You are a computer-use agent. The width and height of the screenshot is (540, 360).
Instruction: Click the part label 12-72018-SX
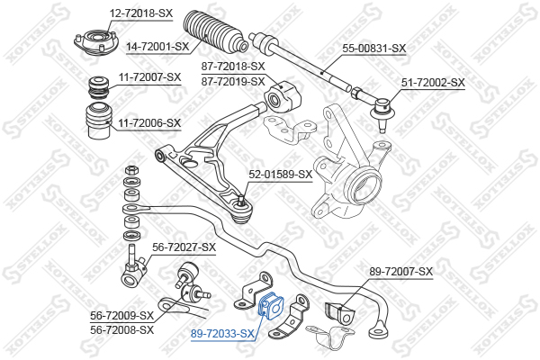[x=141, y=13]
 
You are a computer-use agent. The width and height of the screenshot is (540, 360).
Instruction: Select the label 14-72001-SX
[x=157, y=46]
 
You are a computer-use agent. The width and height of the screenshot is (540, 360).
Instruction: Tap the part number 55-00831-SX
[x=374, y=49]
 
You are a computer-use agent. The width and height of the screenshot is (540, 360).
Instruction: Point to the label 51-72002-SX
[x=433, y=83]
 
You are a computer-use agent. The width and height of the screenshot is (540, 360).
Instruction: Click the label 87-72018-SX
[x=233, y=66]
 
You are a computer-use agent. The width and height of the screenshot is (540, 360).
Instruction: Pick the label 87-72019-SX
[x=233, y=82]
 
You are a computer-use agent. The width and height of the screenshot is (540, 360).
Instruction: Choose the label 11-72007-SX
[x=149, y=76]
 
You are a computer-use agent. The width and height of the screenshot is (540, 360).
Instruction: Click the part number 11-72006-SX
[x=149, y=122]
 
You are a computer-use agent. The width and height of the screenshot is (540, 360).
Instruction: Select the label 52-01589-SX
[x=280, y=175]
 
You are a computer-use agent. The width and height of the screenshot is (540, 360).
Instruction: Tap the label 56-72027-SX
[x=184, y=247]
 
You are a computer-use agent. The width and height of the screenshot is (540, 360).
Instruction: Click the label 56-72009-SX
[x=121, y=315]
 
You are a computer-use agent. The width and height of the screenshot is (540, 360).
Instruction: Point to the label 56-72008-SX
[x=121, y=330]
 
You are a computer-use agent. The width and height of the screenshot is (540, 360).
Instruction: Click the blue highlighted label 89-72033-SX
[x=223, y=334]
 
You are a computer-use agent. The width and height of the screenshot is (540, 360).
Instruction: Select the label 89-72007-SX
[x=400, y=272]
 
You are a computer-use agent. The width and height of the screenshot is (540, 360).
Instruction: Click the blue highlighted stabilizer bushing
[x=271, y=306]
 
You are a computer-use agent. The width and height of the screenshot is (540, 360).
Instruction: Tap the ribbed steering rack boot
[x=215, y=32]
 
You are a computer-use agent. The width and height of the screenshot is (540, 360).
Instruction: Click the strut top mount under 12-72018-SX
[x=96, y=43]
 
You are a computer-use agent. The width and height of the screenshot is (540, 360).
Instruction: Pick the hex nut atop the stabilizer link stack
[x=130, y=170]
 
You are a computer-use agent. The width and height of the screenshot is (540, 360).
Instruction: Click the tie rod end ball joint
[x=381, y=111]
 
